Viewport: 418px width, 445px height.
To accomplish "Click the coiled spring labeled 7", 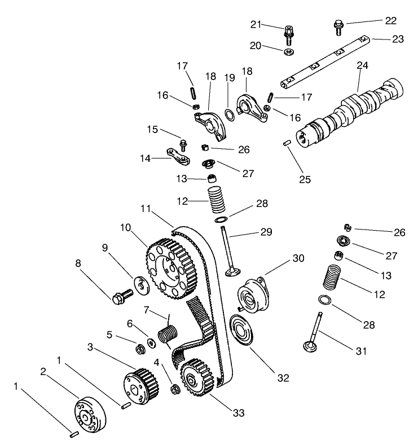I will [167, 333].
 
